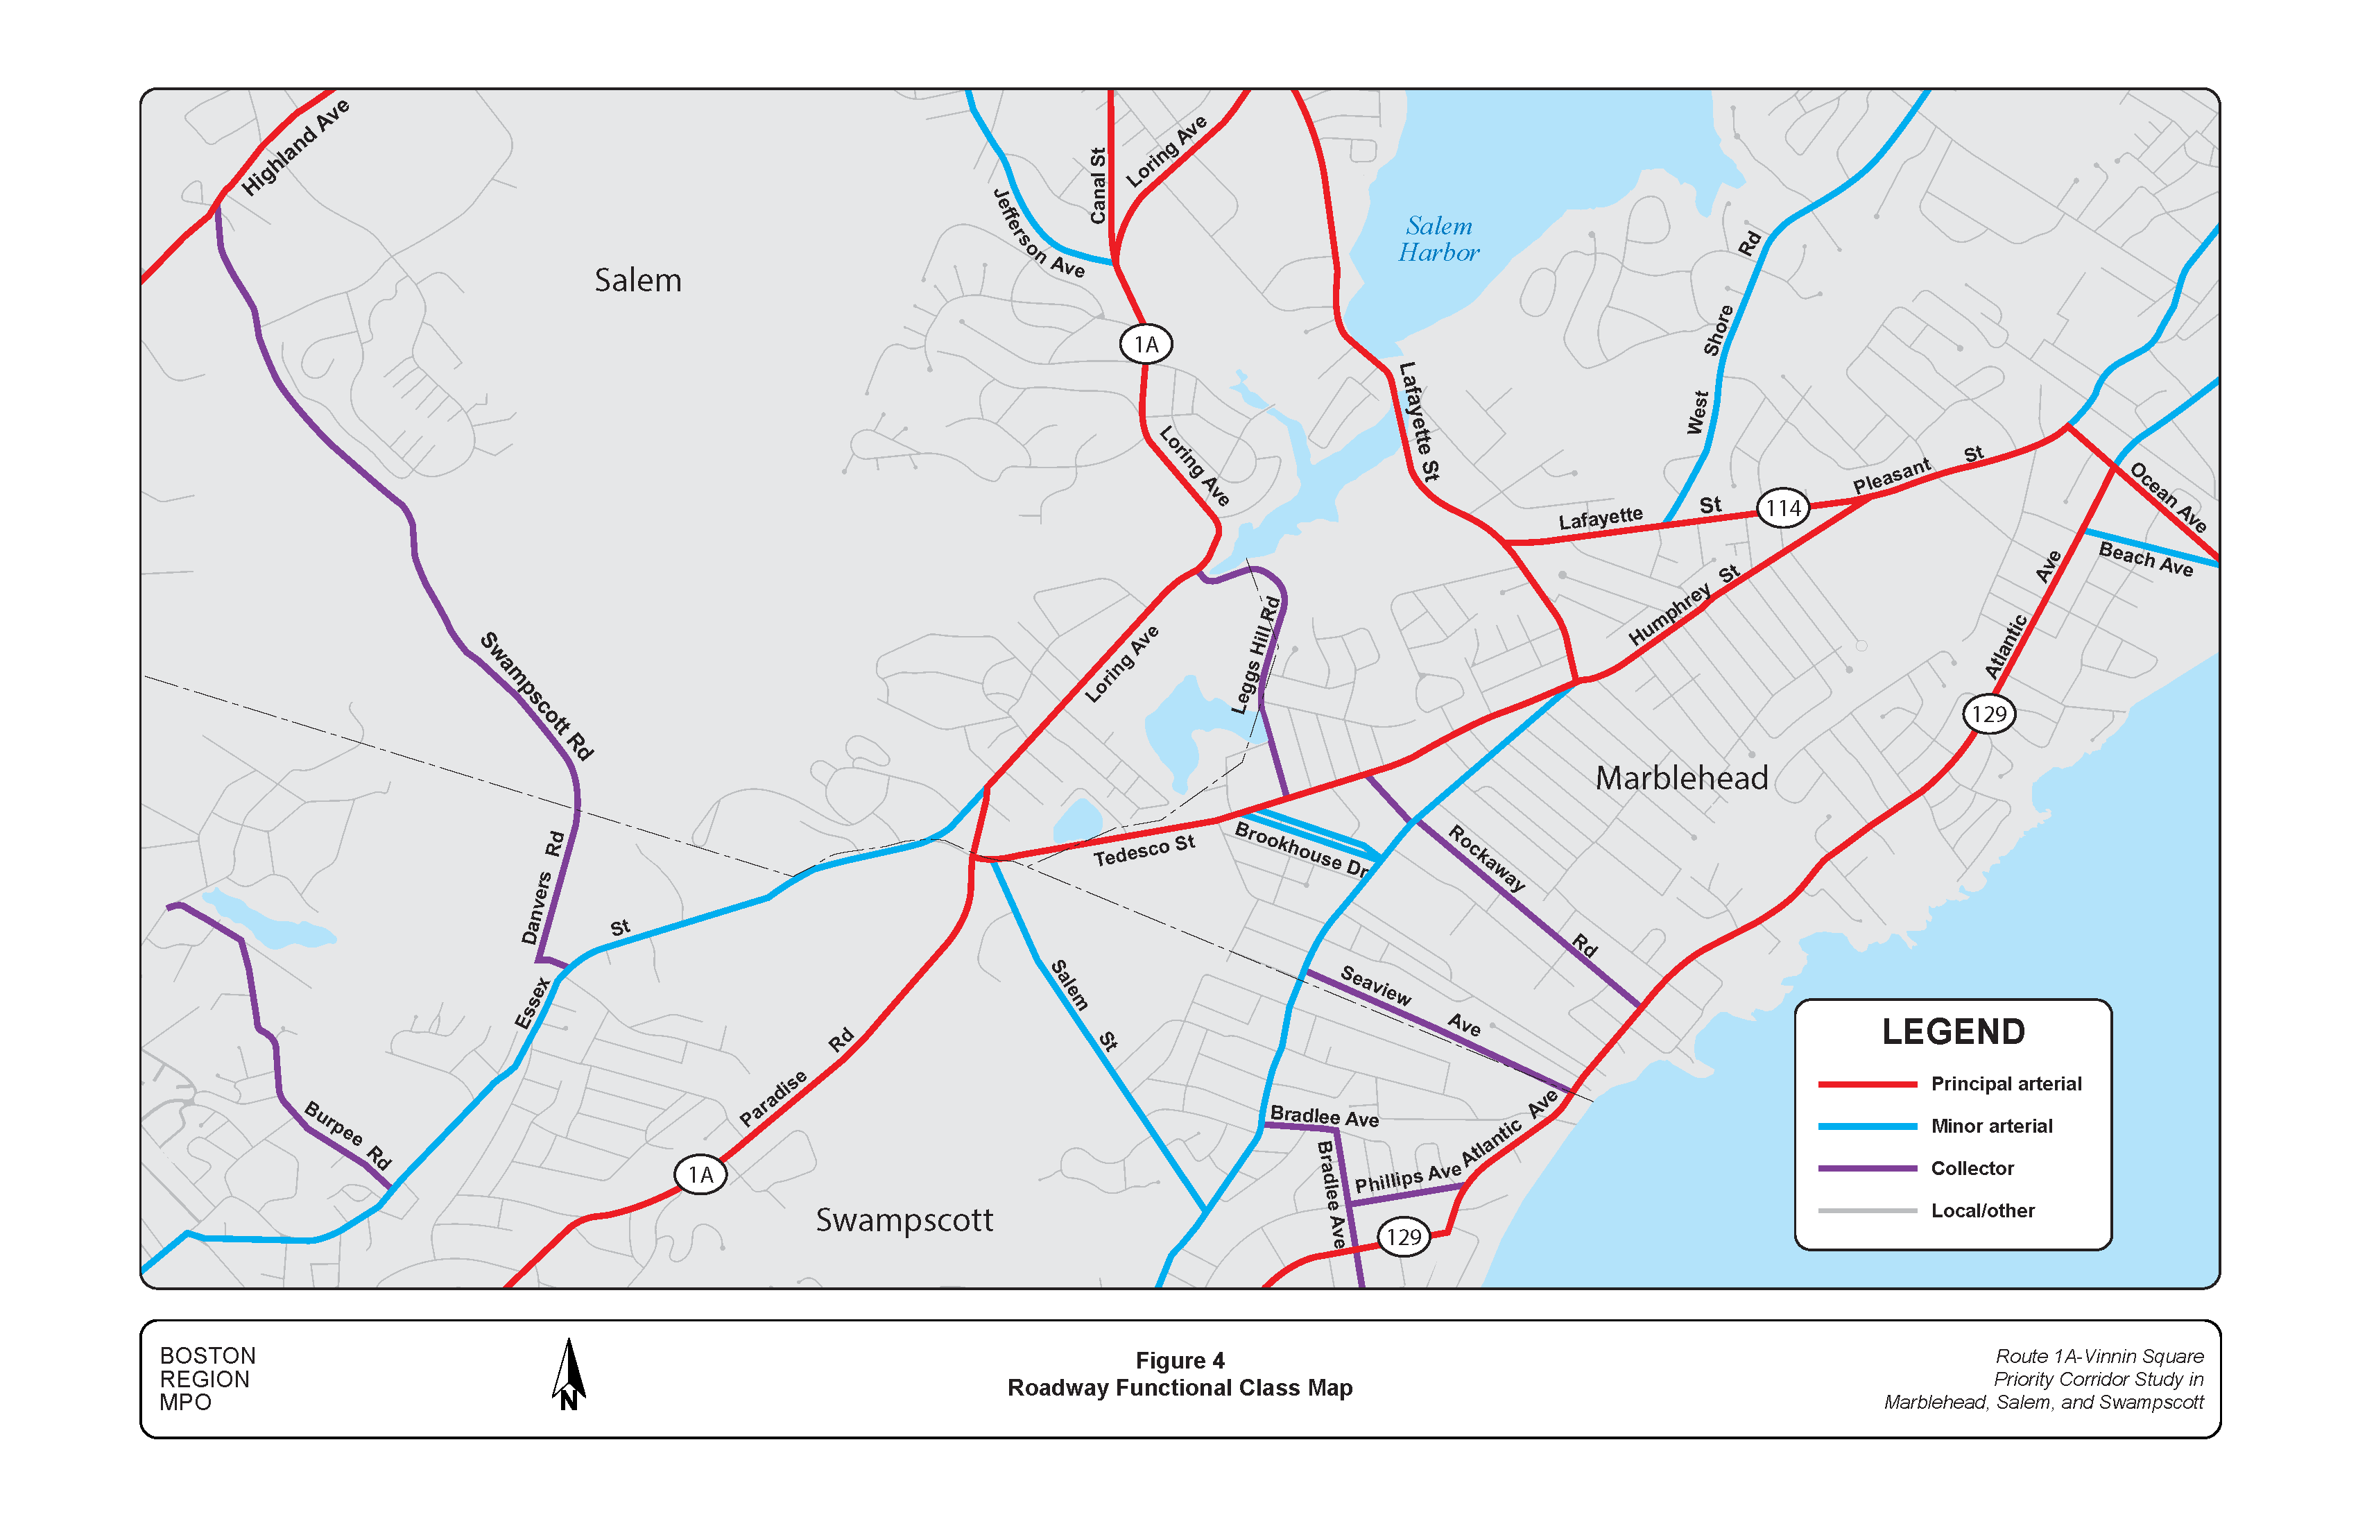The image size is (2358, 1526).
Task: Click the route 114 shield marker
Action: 1782,508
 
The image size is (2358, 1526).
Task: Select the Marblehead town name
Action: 1681,778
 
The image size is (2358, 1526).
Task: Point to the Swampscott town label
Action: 904,1220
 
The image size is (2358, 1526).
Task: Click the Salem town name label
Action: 638,280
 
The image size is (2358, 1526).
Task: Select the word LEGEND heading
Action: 1953,1031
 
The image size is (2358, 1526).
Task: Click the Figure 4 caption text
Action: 1179,1360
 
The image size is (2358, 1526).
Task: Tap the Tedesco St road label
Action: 1144,850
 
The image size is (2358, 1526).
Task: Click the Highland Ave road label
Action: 295,146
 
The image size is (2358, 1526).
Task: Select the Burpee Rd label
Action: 347,1135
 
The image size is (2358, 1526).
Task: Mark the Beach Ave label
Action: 2146,559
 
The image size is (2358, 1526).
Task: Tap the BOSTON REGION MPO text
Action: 208,1378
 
